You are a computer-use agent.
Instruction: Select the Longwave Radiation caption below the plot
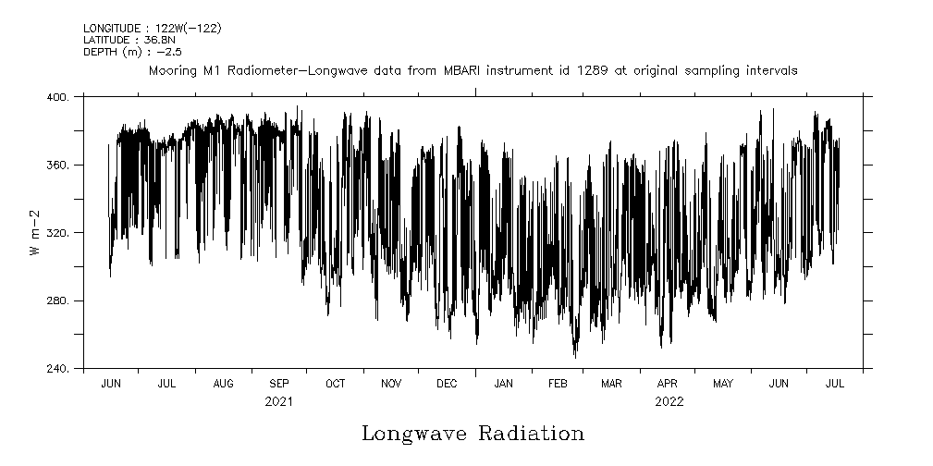(x=473, y=434)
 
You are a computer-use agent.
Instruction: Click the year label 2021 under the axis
(x=278, y=402)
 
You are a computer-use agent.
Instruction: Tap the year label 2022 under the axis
(x=669, y=402)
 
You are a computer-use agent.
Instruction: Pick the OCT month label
(x=335, y=384)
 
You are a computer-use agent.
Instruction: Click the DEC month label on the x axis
(x=447, y=384)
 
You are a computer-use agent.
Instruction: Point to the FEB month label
(x=559, y=384)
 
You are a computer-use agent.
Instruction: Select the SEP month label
(x=279, y=384)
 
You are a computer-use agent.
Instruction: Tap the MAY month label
(x=723, y=384)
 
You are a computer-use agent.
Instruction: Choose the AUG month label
(x=223, y=384)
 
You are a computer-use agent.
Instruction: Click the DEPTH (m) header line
(x=132, y=51)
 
